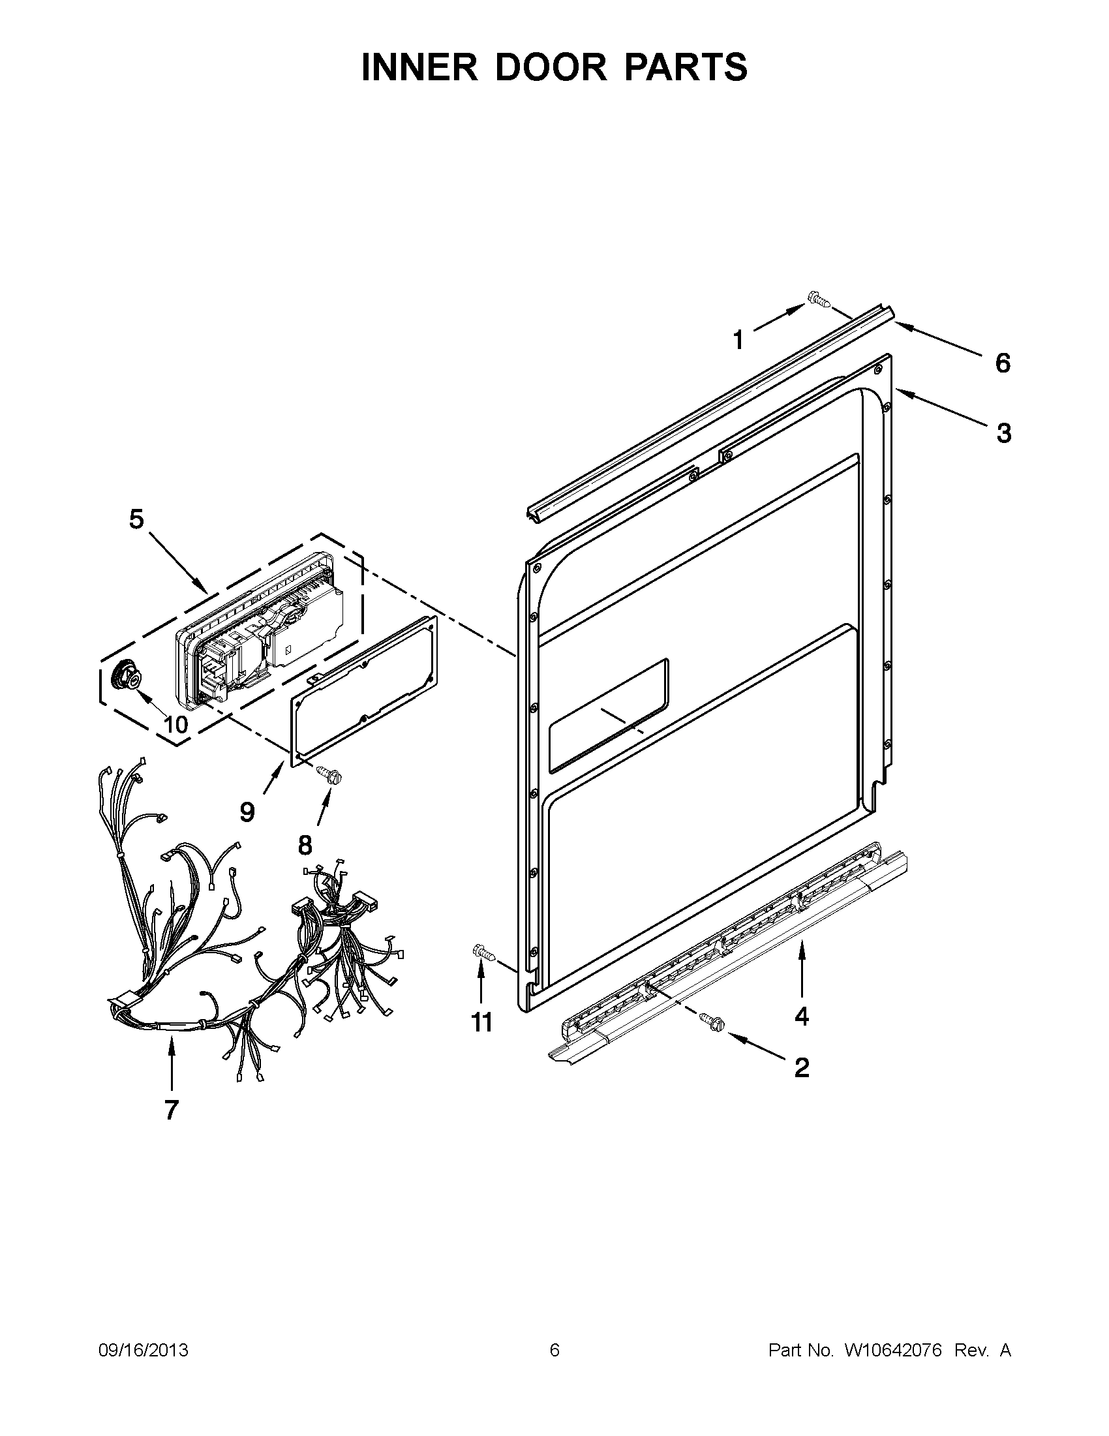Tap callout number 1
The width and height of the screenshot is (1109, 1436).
pyautogui.click(x=738, y=341)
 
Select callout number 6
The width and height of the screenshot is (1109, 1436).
pyautogui.click(x=1002, y=363)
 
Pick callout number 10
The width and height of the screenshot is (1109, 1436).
pyautogui.click(x=175, y=725)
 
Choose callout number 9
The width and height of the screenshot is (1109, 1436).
pyautogui.click(x=247, y=813)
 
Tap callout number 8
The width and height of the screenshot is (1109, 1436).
pyautogui.click(x=305, y=846)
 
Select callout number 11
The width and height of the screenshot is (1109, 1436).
pyautogui.click(x=482, y=1022)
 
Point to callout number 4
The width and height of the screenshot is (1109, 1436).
pyautogui.click(x=801, y=1016)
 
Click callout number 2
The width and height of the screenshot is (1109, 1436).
pyautogui.click(x=801, y=1068)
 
